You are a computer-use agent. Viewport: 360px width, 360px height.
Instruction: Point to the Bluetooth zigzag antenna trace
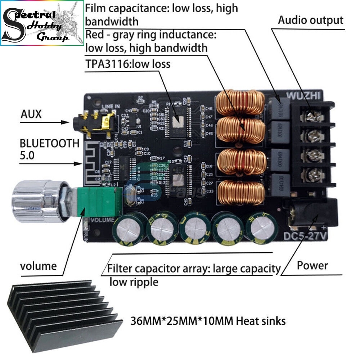pos(95,155)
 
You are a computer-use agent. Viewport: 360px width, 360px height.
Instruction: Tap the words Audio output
pos(310,20)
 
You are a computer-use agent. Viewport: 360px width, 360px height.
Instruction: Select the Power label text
pos(312,266)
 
